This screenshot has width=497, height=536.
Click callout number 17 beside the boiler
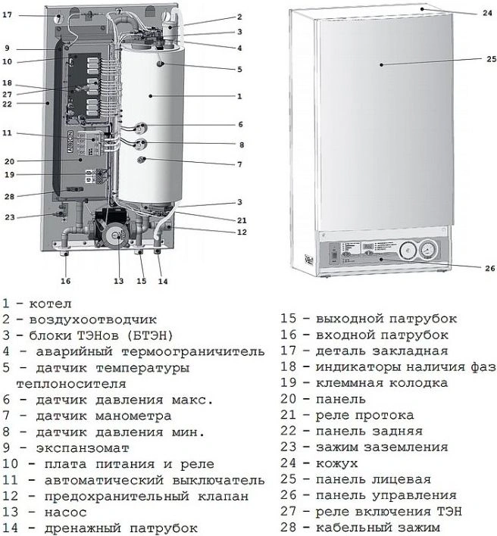coord(7,15)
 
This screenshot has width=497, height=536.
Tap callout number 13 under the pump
coord(118,282)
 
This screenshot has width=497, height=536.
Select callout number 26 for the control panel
coord(490,268)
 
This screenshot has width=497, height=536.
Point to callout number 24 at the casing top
coord(487,14)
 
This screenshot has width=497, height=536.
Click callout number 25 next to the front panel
coord(492,59)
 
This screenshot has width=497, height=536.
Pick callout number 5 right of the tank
coord(239,70)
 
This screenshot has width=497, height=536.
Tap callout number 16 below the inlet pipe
coord(65,281)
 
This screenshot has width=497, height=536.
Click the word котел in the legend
coord(50,304)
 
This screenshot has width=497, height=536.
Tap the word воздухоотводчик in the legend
coord(92,319)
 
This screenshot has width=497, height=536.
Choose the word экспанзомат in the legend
coord(83,448)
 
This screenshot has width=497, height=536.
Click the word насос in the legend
coord(66,512)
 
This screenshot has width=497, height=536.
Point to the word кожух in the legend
coord(336,463)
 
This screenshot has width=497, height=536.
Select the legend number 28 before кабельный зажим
coord(288,528)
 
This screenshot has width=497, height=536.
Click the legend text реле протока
coord(364,416)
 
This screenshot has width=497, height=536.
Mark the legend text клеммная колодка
coord(382,383)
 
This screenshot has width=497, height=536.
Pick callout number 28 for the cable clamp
coord(9,197)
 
